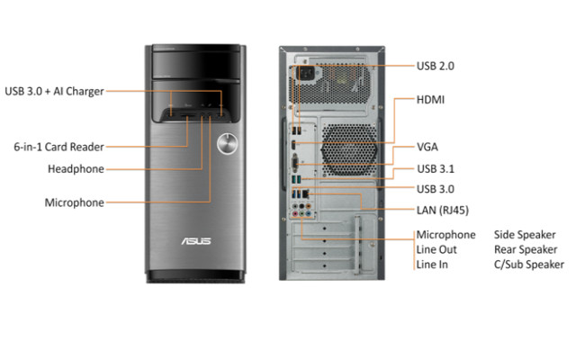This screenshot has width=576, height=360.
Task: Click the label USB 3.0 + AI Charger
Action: coord(54,90)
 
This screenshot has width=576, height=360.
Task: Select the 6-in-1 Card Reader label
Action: coord(58,145)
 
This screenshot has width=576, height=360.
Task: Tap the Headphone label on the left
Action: coord(76,168)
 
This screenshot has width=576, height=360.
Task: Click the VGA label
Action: coord(427,146)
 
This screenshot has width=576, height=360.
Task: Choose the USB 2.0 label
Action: coord(436,65)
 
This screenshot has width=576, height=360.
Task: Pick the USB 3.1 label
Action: coord(436,167)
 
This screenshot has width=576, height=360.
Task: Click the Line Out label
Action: coord(436,249)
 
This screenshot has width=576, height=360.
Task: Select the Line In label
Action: coord(433,265)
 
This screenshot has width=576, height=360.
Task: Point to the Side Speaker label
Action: coord(524,235)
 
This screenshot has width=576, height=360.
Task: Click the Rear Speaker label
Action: coord(525,249)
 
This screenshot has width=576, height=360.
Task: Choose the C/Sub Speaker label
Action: coord(528,265)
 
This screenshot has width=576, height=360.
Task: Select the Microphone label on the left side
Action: coord(75,202)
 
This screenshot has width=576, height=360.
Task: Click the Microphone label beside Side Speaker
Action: coord(445,235)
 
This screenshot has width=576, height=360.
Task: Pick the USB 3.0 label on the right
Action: coord(436,189)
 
